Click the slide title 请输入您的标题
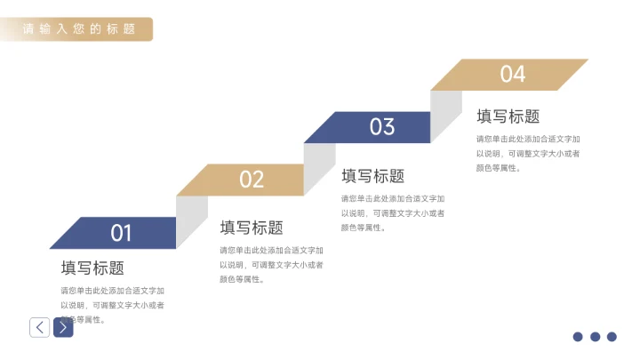click(x=79, y=29)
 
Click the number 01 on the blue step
click(x=121, y=233)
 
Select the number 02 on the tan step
click(x=252, y=180)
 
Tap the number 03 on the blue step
click(x=382, y=127)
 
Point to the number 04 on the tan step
click(x=513, y=75)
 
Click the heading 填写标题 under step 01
click(x=92, y=268)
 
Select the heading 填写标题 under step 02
click(x=252, y=228)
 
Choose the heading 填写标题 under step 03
click(x=372, y=176)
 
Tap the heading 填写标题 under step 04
click(x=508, y=116)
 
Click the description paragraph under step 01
click(x=112, y=305)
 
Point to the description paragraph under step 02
click(x=271, y=265)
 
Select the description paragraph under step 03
click(x=393, y=213)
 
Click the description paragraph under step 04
click(x=528, y=154)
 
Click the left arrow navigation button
click(x=39, y=327)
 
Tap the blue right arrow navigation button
click(x=63, y=327)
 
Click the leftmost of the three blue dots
click(x=578, y=337)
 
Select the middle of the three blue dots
click(x=595, y=337)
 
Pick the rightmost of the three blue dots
click(x=612, y=337)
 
